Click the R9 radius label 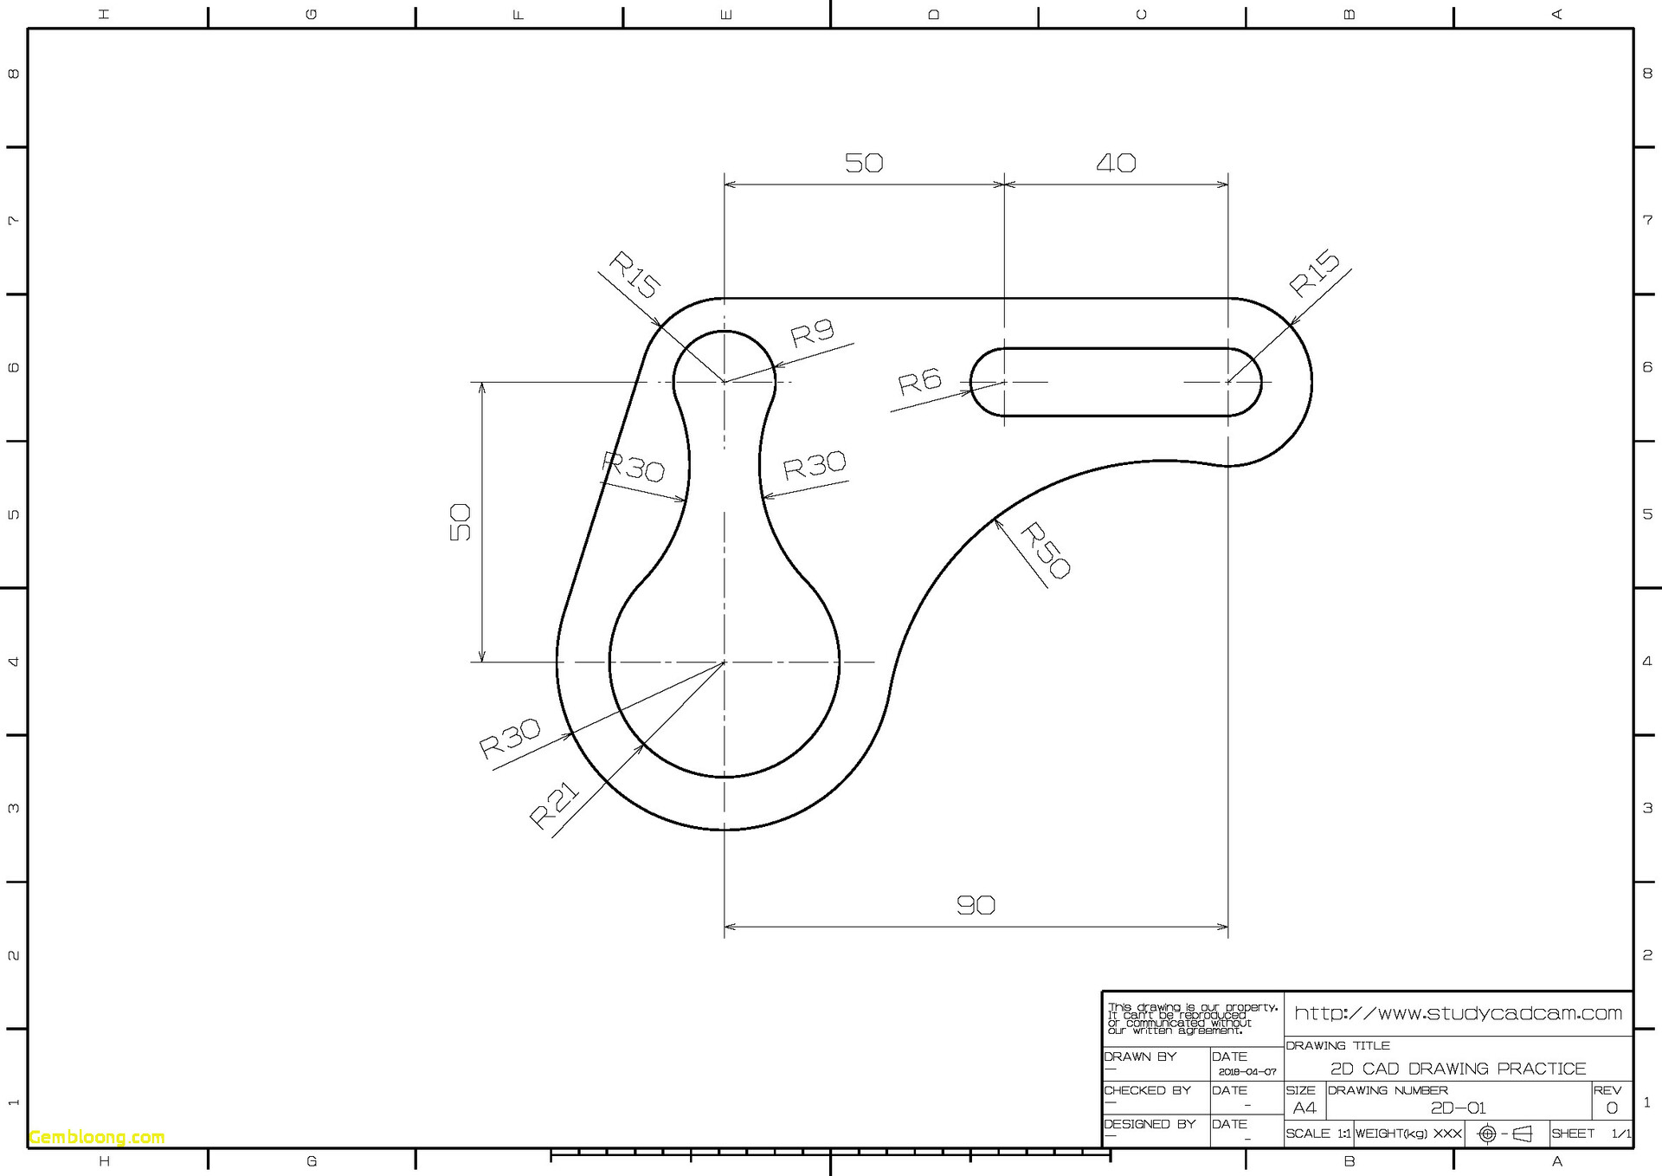pyautogui.click(x=812, y=333)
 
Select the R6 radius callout pyautogui.click(x=919, y=382)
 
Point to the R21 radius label pyautogui.click(x=554, y=804)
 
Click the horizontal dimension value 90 pyautogui.click(x=976, y=906)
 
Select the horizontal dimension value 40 pyautogui.click(x=1116, y=163)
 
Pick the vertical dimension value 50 pyautogui.click(x=460, y=522)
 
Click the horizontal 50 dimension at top pyautogui.click(x=864, y=163)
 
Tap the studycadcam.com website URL pyautogui.click(x=1458, y=1013)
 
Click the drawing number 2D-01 pyautogui.click(x=1458, y=1108)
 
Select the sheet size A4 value pyautogui.click(x=1304, y=1108)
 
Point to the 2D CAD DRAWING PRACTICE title pyautogui.click(x=1458, y=1069)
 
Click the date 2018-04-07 pyautogui.click(x=1246, y=1072)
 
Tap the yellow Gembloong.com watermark pyautogui.click(x=97, y=1137)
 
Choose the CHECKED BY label pyautogui.click(x=1147, y=1090)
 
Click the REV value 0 pyautogui.click(x=1611, y=1108)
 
